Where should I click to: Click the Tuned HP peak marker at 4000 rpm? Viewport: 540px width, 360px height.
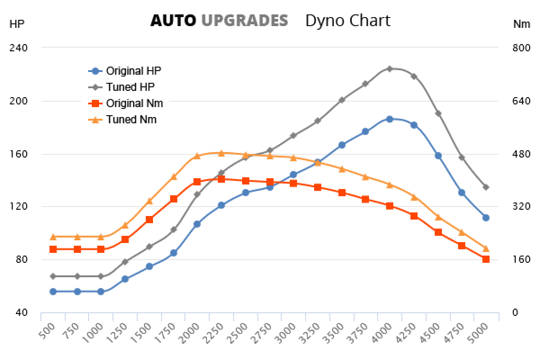[x=390, y=69]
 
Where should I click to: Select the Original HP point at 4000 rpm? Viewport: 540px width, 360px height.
[x=390, y=119]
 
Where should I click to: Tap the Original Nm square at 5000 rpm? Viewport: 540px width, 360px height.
[x=486, y=259]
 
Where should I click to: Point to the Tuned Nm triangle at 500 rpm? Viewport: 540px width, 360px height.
[x=53, y=237]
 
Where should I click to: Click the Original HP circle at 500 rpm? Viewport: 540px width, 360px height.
[x=53, y=292]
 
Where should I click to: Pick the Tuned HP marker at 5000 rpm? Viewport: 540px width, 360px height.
[x=486, y=187]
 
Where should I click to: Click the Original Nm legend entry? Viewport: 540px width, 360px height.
[x=134, y=103]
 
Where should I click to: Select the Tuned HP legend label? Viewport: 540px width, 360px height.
[x=130, y=87]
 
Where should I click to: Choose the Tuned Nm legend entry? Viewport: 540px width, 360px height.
[x=131, y=120]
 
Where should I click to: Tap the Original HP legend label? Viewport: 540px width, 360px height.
[x=133, y=71]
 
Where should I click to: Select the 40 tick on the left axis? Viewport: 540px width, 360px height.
[x=21, y=313]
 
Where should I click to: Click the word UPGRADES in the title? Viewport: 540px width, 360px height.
[x=244, y=21]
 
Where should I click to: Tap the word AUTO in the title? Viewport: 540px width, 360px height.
[x=173, y=21]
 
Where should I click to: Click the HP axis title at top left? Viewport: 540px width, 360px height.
[x=16, y=24]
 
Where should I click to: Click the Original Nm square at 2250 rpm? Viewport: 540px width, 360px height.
[x=221, y=179]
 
